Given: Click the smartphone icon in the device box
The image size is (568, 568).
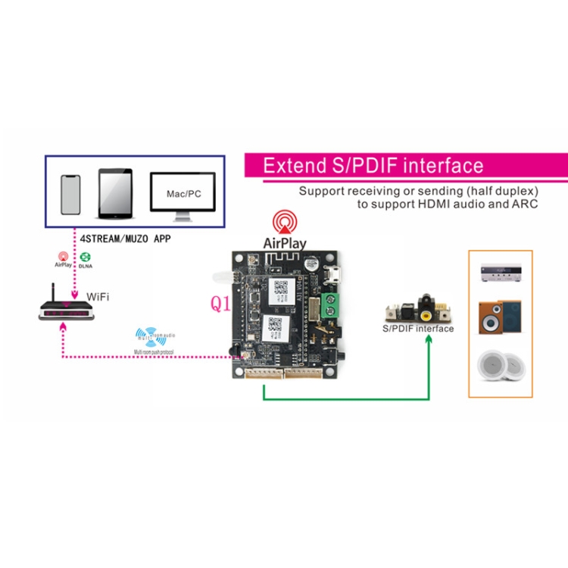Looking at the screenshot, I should tap(70, 195).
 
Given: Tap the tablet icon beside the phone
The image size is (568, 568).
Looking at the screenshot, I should tap(115, 194).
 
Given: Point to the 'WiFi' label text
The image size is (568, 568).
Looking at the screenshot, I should tap(98, 296).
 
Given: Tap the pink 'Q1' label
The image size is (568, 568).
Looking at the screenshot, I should tap(220, 304).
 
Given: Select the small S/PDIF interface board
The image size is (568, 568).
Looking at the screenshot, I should tap(416, 309).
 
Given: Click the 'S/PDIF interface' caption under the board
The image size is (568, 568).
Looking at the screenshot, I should tap(418, 329).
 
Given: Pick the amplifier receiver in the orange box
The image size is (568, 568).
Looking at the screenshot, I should tap(500, 275).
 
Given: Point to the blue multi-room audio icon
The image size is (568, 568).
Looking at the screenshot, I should tap(147, 334).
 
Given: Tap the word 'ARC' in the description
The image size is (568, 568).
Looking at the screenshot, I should tap(523, 204).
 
